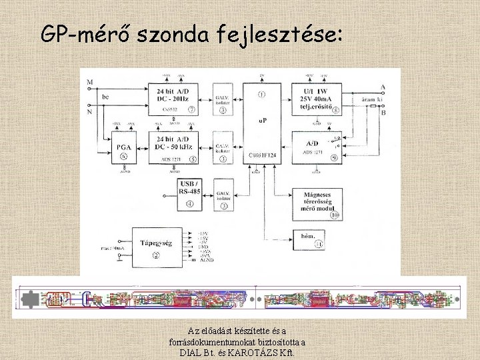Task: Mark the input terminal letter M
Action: pyautogui.click(x=89, y=83)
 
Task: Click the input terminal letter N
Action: pyautogui.click(x=89, y=112)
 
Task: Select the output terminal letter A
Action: pyautogui.click(x=383, y=87)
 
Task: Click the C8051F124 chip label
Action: pyautogui.click(x=262, y=155)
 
